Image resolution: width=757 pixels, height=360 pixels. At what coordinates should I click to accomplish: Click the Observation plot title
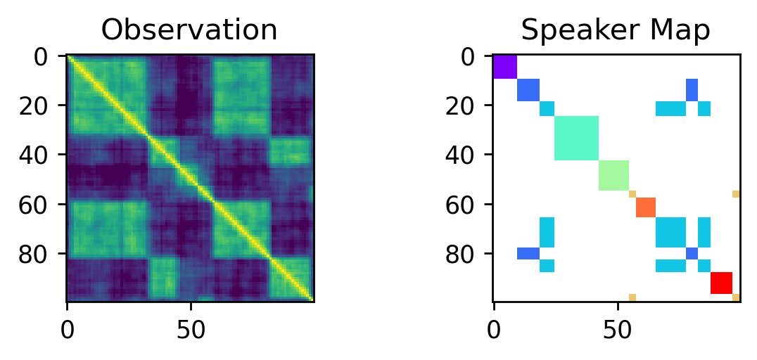pyautogui.click(x=189, y=30)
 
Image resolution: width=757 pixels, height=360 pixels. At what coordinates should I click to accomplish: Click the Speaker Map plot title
pyautogui.click(x=616, y=30)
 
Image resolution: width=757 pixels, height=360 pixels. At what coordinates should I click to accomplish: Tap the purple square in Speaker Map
pyautogui.click(x=505, y=67)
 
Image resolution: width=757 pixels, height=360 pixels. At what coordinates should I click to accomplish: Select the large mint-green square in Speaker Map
pyautogui.click(x=576, y=139)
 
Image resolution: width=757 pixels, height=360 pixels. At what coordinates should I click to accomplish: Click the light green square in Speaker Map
pyautogui.click(x=613, y=175)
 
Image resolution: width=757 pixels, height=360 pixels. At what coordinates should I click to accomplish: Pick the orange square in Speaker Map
pyautogui.click(x=646, y=207)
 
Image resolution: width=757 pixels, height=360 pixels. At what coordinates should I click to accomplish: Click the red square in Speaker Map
pyautogui.click(x=721, y=283)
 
